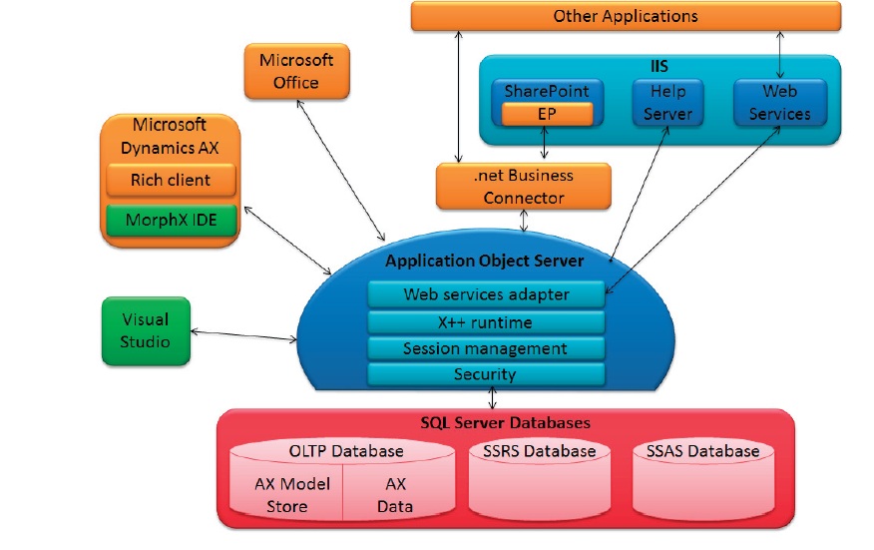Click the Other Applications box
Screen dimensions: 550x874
(626, 17)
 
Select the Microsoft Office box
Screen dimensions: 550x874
(296, 71)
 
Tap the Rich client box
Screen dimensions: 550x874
(171, 181)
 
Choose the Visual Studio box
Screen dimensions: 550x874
(146, 331)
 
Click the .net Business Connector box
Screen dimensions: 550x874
(523, 187)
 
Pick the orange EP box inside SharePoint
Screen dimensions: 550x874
(547, 114)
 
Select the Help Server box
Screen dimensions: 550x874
(667, 102)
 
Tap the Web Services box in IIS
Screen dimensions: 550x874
(779, 102)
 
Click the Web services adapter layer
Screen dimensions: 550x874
(486, 294)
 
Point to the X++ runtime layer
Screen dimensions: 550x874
(486, 322)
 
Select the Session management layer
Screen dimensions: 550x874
(486, 348)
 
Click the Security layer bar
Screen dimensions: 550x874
(486, 374)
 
